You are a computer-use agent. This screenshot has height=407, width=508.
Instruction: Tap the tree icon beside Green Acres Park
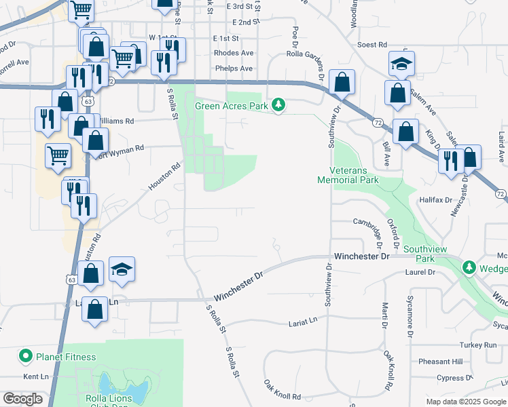coord(278,105)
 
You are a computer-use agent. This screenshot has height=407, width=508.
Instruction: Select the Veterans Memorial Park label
coord(348,175)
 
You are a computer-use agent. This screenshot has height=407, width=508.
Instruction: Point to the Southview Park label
coord(425,254)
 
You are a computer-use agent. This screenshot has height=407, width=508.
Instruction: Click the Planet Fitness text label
coord(66,357)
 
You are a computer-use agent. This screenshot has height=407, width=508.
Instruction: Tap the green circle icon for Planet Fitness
coord(26,356)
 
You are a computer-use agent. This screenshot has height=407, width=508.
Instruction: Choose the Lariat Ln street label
coord(303,320)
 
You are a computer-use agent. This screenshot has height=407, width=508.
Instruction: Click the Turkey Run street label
coord(481,345)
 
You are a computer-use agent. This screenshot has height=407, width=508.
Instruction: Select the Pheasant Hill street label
coord(439,362)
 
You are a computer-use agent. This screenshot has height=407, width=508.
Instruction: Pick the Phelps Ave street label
coord(233,69)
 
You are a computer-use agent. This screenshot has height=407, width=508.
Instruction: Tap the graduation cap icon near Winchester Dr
coord(122,269)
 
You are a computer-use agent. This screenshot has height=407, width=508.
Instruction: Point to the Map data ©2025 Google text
coord(465,402)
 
